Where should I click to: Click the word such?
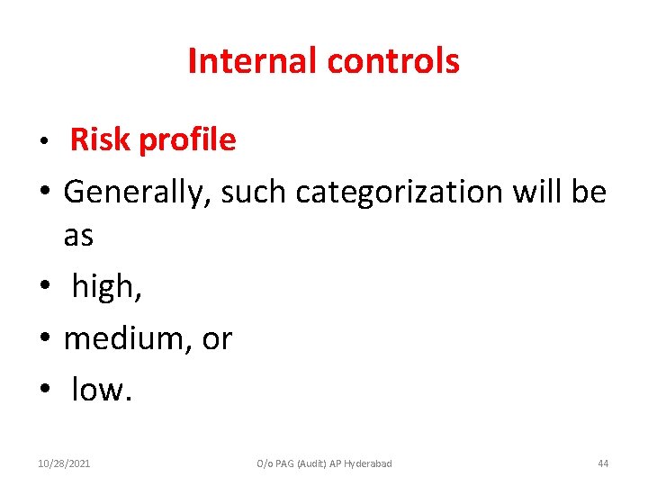[254, 192]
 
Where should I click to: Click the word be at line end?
[590, 192]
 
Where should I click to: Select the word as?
[78, 236]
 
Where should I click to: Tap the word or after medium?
[217, 339]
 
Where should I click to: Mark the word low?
[101, 390]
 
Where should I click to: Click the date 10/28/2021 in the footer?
[64, 463]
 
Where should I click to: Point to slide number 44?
[603, 463]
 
